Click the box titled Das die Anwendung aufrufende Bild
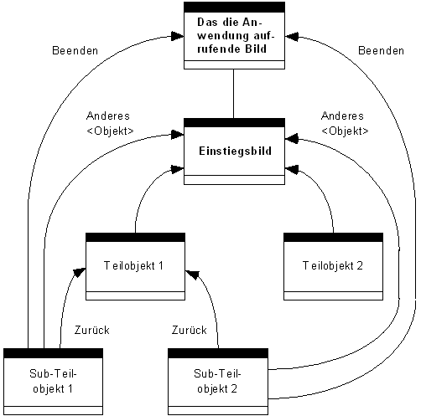[x=234, y=39]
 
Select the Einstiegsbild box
[x=234, y=151]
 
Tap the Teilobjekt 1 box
[x=136, y=266]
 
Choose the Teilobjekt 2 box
[x=333, y=266]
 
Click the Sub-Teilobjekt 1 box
[x=53, y=381]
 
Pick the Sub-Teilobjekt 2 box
[x=218, y=381]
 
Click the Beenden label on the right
[x=381, y=52]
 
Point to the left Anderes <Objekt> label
[x=110, y=124]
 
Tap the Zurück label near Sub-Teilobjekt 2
[x=188, y=331]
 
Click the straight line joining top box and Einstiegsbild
[x=234, y=95]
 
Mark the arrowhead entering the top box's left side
[x=176, y=36]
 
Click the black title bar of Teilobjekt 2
[x=333, y=238]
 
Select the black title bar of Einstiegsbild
[x=234, y=122]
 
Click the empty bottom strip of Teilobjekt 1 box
[x=136, y=295]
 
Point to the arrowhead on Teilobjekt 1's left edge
[x=80, y=270]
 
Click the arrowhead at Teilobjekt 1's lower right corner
[x=191, y=272]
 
